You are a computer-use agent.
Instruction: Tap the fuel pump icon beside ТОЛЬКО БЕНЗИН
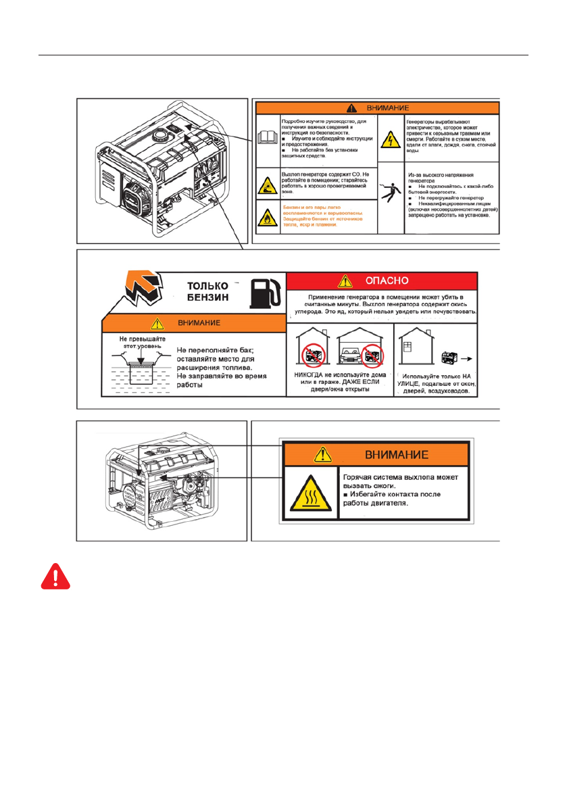(x=264, y=291)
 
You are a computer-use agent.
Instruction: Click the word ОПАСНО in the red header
(x=382, y=279)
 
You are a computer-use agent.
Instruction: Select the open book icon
(x=267, y=137)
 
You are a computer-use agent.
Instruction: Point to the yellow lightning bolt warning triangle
(x=391, y=139)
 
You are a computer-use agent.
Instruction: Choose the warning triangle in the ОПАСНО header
(x=345, y=280)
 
